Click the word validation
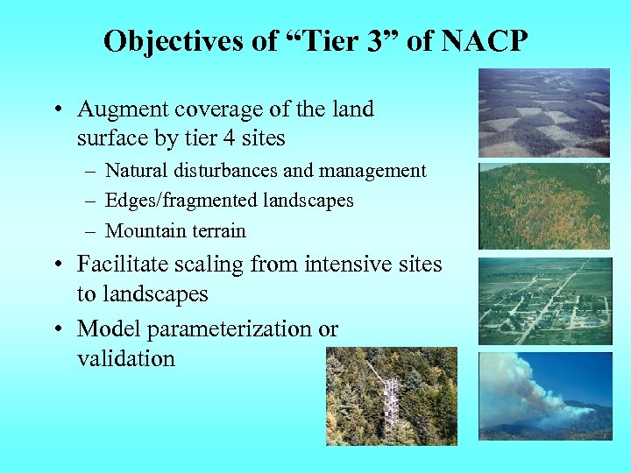pos(126,358)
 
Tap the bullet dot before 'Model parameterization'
pos(58,329)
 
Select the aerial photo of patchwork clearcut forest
pos(543,113)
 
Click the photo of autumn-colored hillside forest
pos(543,206)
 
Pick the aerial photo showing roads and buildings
pos(543,300)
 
